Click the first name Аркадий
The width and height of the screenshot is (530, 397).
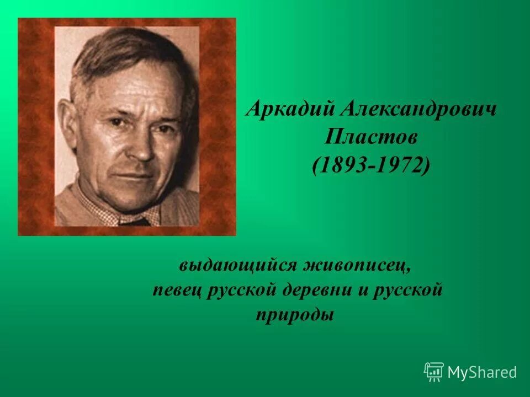[283, 109]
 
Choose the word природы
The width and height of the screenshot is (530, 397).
[295, 315]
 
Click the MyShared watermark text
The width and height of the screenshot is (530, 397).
[482, 372]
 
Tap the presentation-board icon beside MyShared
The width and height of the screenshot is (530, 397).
[434, 372]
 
